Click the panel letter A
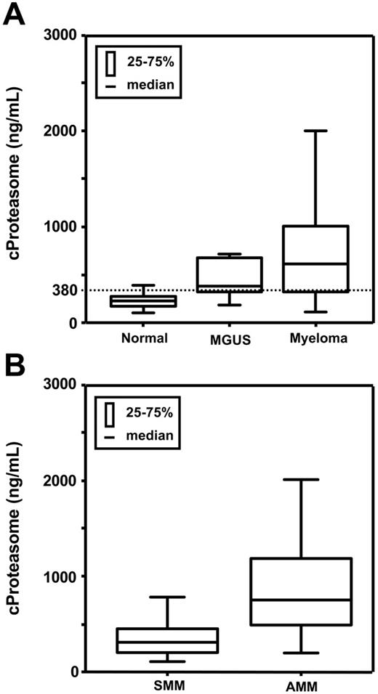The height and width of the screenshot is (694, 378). coord(16,14)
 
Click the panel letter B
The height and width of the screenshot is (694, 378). coord(16,366)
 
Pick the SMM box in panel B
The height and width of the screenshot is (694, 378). coord(188,640)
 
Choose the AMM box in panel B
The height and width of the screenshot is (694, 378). coord(301,591)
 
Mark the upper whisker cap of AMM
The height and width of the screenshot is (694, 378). coord(301,480)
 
